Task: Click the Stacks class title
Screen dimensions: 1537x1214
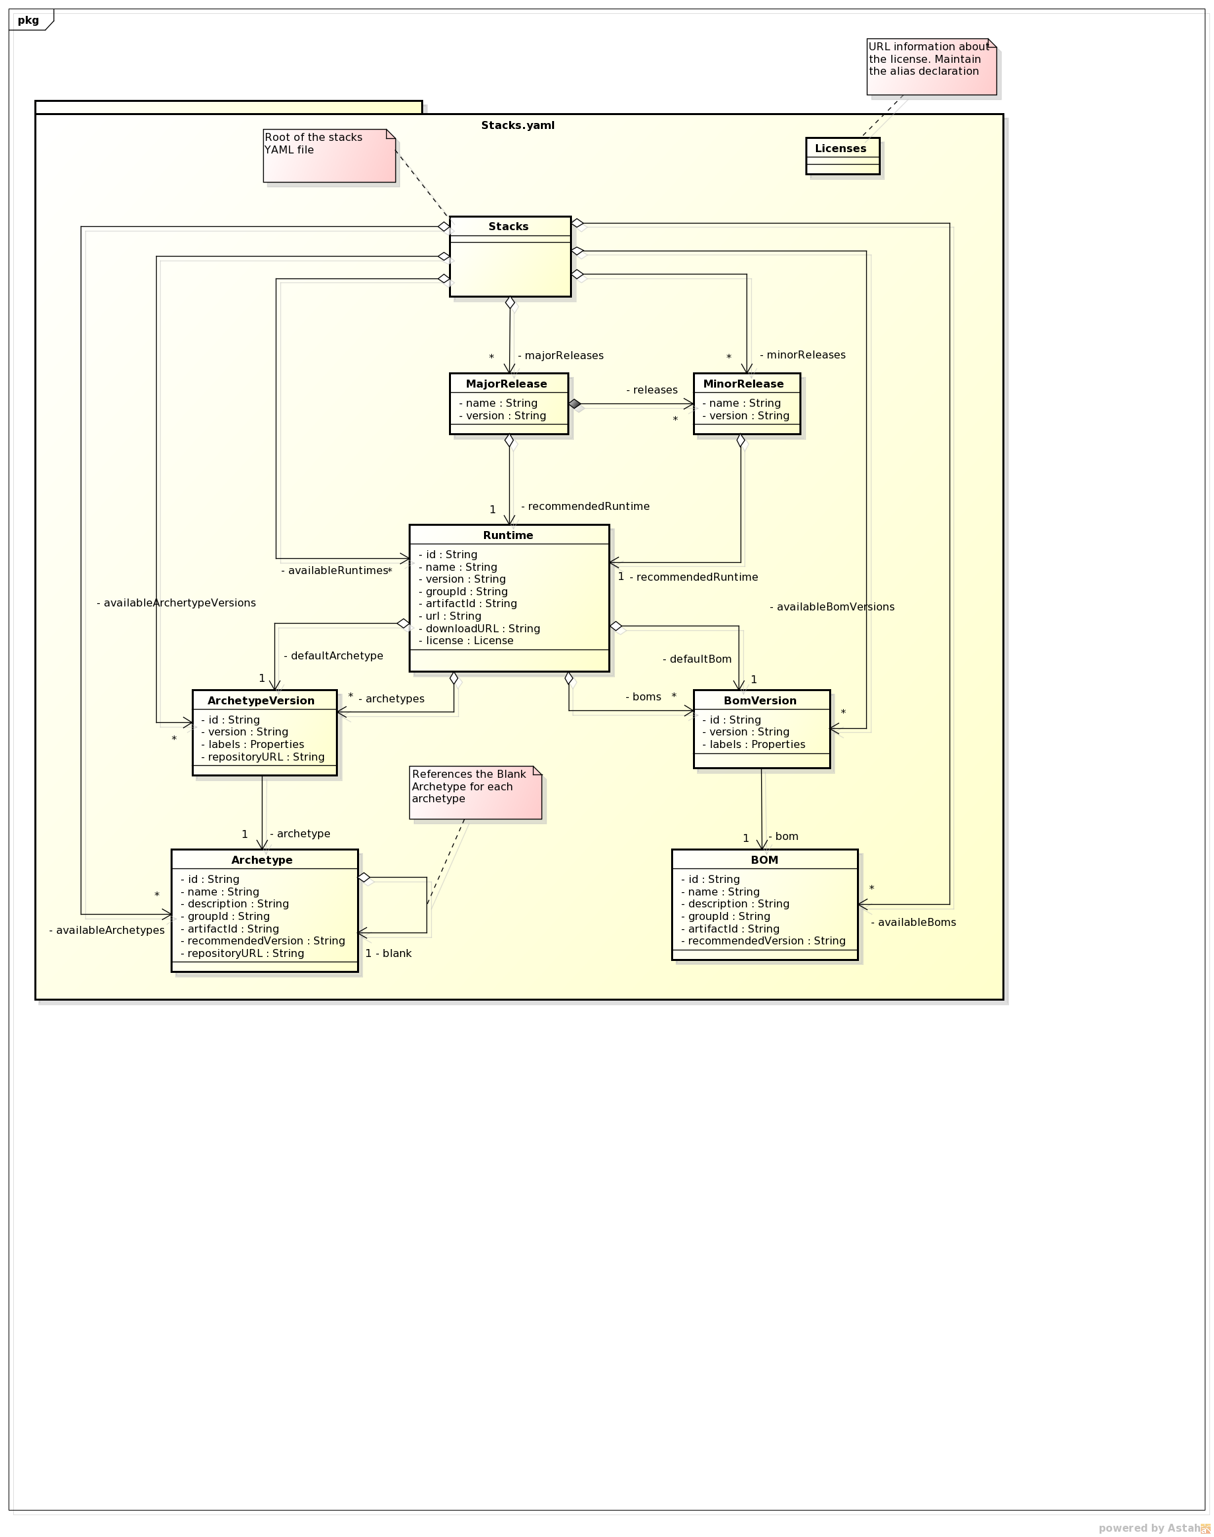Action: (x=508, y=226)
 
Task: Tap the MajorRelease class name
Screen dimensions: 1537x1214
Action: (x=506, y=384)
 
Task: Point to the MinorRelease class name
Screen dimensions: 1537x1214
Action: (x=743, y=384)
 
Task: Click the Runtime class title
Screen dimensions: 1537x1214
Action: (x=508, y=535)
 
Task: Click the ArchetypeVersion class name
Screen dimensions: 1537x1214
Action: (x=261, y=700)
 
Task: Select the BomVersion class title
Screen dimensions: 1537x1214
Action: (x=760, y=700)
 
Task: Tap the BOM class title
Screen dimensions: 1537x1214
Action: (x=764, y=860)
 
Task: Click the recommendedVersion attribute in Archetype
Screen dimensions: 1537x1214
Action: (x=266, y=940)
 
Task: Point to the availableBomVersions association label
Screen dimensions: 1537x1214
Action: (x=832, y=607)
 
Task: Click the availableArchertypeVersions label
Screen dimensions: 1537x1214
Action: (x=177, y=603)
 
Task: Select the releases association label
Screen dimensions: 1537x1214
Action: (x=652, y=390)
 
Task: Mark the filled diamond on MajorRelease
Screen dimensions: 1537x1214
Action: (x=575, y=404)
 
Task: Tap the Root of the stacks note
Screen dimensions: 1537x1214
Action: (x=329, y=155)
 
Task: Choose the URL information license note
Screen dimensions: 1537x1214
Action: (x=930, y=66)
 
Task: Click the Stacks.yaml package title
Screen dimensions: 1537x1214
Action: (x=518, y=125)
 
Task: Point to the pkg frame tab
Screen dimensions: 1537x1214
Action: (x=29, y=20)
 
